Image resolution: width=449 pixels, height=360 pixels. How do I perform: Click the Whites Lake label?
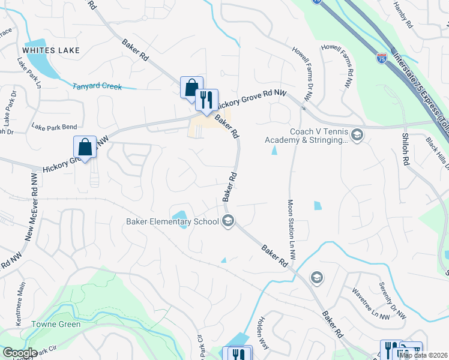47,50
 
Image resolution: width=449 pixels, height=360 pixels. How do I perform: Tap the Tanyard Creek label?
97,86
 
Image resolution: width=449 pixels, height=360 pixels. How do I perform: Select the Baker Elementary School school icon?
228,222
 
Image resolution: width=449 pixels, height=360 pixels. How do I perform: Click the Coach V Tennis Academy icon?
358,134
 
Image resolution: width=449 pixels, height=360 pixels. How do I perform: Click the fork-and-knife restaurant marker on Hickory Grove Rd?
206,100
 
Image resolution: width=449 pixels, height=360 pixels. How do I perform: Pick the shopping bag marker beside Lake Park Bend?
85,148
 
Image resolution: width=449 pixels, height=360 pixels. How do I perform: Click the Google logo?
19,353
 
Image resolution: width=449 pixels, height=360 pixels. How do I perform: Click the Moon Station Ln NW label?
291,230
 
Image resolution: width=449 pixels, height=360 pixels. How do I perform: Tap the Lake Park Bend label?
54,127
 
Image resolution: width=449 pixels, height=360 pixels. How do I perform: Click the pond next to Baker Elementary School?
179,215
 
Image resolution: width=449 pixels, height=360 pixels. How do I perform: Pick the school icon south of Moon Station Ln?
316,277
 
